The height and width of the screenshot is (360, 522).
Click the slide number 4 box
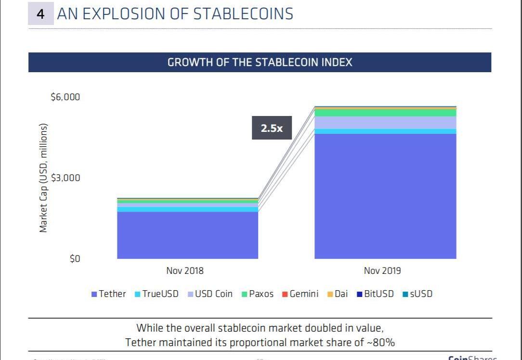(x=40, y=14)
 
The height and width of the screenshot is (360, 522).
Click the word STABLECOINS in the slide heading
(x=243, y=14)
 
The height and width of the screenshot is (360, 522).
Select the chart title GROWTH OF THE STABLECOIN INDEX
(x=260, y=63)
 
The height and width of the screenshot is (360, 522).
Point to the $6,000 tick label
(x=65, y=97)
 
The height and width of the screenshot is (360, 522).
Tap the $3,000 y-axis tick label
(x=65, y=178)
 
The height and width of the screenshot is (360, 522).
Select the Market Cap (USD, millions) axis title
(x=44, y=178)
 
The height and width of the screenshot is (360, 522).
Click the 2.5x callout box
(x=272, y=128)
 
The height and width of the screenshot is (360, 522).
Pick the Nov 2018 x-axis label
(x=185, y=270)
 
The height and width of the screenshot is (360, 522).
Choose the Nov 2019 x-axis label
(x=382, y=270)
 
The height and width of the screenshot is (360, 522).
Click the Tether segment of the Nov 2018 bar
(x=187, y=235)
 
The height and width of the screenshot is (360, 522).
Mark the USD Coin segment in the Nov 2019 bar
(x=385, y=122)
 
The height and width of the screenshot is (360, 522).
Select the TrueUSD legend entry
(x=157, y=294)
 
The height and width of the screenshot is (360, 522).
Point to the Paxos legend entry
(x=258, y=294)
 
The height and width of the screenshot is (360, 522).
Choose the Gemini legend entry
(x=300, y=294)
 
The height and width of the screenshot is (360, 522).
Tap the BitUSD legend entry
(x=375, y=294)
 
